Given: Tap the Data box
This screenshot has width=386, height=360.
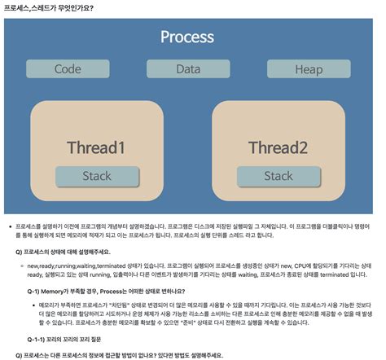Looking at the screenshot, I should (187, 69).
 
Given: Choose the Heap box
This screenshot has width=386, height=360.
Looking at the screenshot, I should (309, 69).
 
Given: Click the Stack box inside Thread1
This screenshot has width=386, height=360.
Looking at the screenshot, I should (97, 175).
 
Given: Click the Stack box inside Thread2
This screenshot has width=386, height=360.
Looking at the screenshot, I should (279, 175).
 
